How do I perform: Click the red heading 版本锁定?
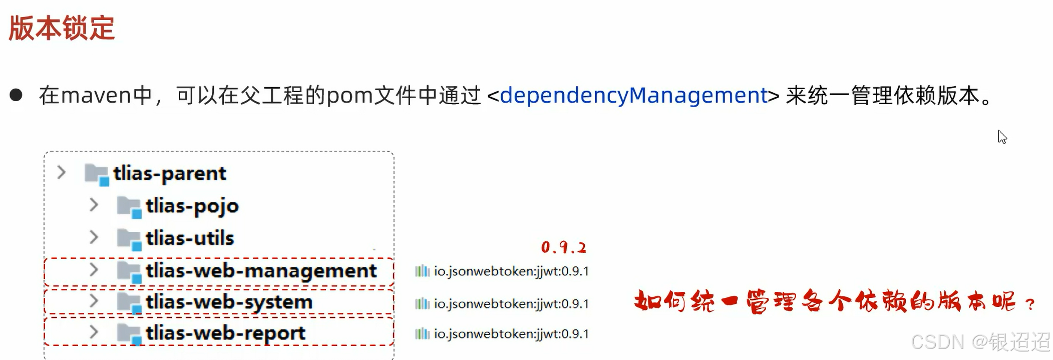(x=62, y=28)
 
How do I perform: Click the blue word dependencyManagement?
(x=633, y=95)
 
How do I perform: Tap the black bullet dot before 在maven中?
(x=16, y=95)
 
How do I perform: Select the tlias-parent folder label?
(x=169, y=174)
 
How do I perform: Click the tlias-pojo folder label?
(x=192, y=206)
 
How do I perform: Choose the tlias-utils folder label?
(x=190, y=238)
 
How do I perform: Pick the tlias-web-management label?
(x=261, y=271)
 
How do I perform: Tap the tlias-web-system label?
(x=229, y=302)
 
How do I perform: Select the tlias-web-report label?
(x=225, y=333)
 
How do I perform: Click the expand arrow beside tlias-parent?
(x=61, y=173)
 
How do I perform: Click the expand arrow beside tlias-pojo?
(x=94, y=205)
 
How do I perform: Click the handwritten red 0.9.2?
(x=563, y=247)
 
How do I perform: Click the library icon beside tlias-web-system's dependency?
(x=422, y=303)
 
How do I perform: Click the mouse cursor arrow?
(x=1002, y=137)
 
